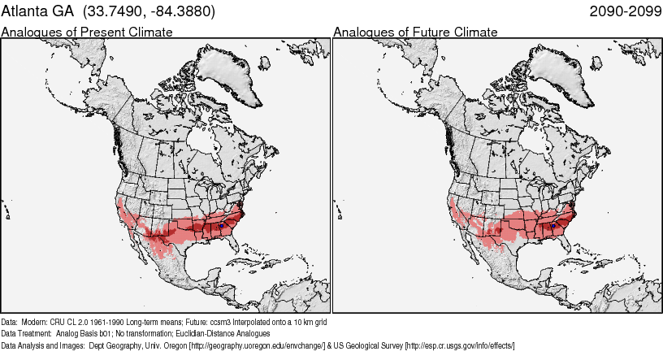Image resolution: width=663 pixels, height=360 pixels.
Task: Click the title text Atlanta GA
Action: tap(37, 12)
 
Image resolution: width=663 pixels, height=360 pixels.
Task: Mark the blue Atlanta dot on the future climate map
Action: tap(554, 224)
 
